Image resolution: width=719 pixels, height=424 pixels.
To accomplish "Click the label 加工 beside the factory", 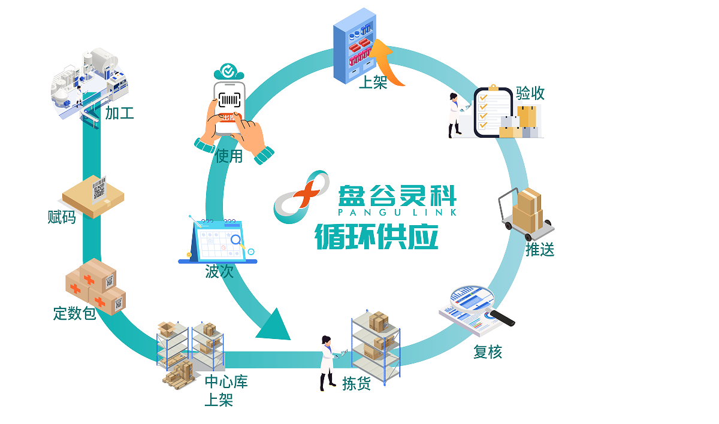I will pyautogui.click(x=120, y=113).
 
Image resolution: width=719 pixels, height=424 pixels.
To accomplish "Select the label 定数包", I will pyautogui.click(x=74, y=313).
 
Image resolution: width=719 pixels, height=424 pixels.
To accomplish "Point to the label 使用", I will pyautogui.click(x=230, y=157).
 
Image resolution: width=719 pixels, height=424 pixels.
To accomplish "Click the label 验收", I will pyautogui.click(x=530, y=93).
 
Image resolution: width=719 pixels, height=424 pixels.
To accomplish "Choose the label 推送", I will pyautogui.click(x=540, y=249).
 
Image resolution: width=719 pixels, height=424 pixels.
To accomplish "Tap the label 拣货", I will pyautogui.click(x=357, y=383).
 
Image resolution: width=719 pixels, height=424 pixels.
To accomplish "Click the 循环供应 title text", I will pyautogui.click(x=377, y=236).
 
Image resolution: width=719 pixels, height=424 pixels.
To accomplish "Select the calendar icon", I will pyautogui.click(x=218, y=241).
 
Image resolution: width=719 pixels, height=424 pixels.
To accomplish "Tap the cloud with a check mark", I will pyautogui.click(x=228, y=72).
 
